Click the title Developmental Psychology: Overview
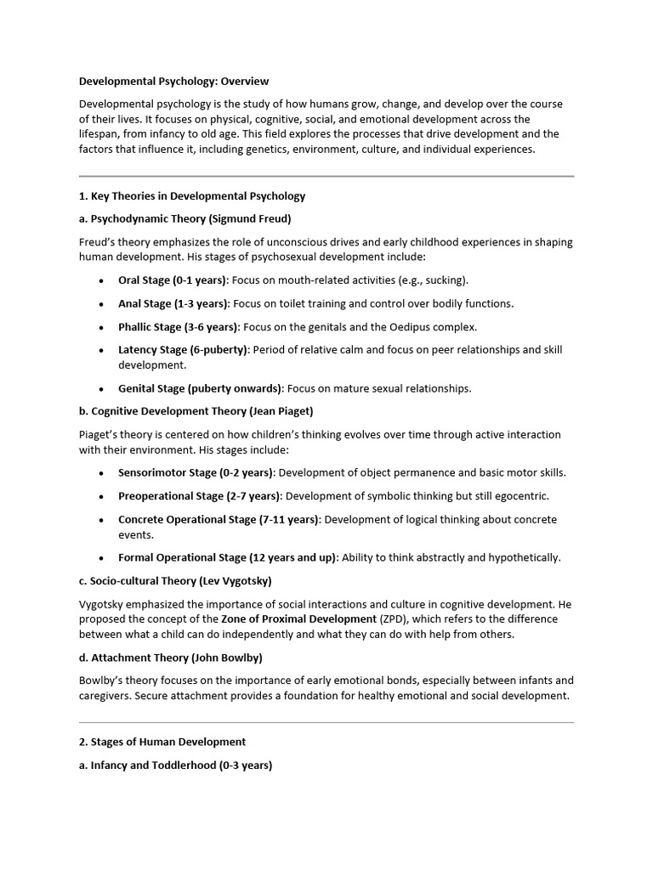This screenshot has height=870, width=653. click(173, 82)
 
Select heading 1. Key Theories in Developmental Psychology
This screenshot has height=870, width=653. click(192, 196)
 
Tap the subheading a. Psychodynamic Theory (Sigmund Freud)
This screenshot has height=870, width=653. click(185, 219)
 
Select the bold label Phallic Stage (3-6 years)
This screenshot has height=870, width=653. click(179, 327)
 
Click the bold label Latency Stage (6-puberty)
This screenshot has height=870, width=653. click(184, 350)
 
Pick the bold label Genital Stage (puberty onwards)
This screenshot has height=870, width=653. click(200, 389)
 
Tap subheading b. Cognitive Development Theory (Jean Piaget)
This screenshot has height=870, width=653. click(196, 411)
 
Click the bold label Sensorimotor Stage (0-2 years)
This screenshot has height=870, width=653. click(196, 473)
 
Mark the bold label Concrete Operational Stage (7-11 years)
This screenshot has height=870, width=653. click(219, 519)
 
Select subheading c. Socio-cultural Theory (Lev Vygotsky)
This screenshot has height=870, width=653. click(175, 581)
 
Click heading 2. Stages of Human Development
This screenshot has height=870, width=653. click(162, 742)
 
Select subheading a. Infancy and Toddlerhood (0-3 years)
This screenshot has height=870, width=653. click(175, 765)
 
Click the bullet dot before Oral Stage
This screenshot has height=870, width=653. click(102, 281)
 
